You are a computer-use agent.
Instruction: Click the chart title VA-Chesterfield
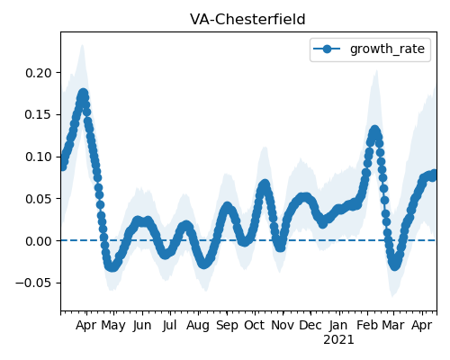click(x=247, y=20)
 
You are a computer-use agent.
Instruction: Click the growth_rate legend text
click(x=387, y=49)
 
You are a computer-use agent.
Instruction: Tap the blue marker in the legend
click(x=327, y=49)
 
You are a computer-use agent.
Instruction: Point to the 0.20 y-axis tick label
click(x=39, y=73)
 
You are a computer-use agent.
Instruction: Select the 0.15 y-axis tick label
click(x=39, y=115)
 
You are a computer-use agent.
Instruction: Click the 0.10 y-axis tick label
click(x=39, y=157)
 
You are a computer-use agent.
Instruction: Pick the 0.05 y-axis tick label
click(x=39, y=199)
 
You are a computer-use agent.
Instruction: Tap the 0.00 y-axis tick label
click(x=39, y=241)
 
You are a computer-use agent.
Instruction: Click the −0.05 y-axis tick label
click(x=34, y=283)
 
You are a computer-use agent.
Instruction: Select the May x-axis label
click(x=113, y=326)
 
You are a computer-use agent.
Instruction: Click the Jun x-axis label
click(x=142, y=326)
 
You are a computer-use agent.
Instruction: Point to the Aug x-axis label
click(x=198, y=326)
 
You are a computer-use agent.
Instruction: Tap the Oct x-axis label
click(x=254, y=326)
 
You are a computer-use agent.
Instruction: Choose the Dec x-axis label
click(x=310, y=326)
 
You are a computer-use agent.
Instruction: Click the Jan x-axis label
click(x=338, y=326)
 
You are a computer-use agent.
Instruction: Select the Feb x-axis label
click(x=366, y=326)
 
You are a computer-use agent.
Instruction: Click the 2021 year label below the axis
click(x=338, y=340)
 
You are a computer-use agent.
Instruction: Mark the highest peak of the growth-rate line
click(x=83, y=94)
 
